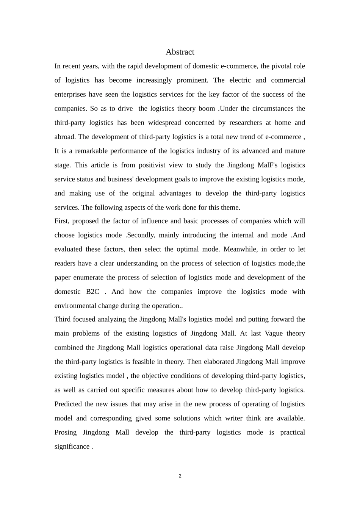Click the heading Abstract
(180, 52)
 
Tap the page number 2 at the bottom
(180, 476)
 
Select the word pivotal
(272, 66)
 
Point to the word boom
(207, 109)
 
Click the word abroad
(65, 137)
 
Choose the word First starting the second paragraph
(61, 221)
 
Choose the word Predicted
(68, 404)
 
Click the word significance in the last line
(72, 447)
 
